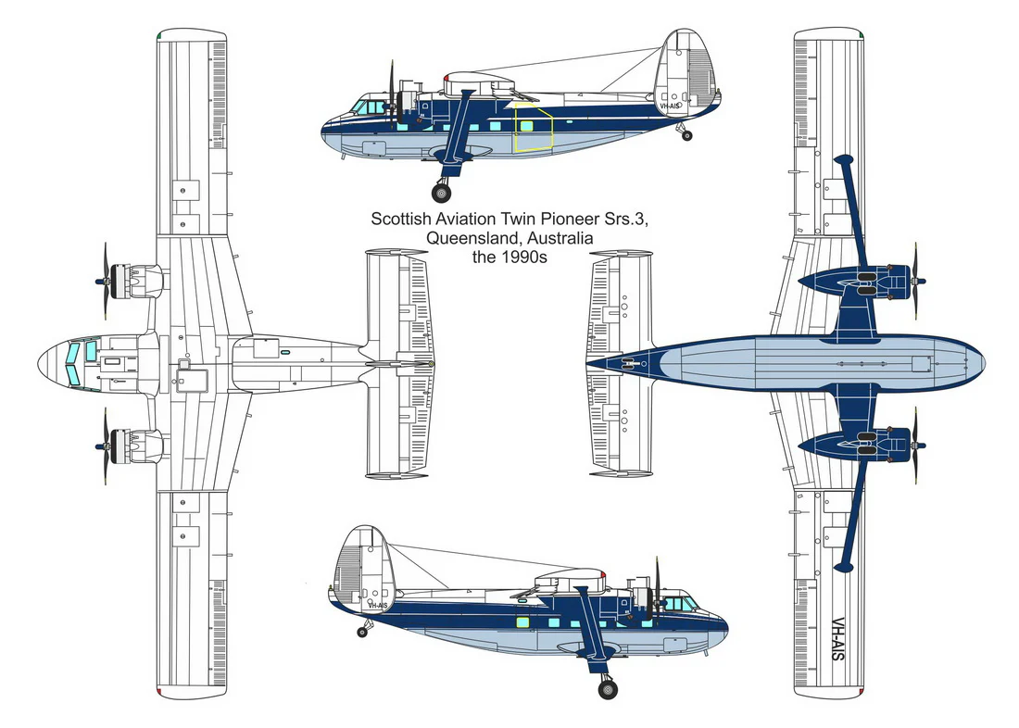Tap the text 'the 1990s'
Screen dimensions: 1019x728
coord(509,257)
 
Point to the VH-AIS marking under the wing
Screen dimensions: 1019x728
coord(837,639)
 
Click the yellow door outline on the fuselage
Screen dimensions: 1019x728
coord(533,128)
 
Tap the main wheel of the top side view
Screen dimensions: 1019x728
coord(441,193)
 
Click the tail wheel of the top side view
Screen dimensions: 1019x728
coord(687,136)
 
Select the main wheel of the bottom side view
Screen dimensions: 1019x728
coord(607,689)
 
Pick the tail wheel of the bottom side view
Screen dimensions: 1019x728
coord(362,632)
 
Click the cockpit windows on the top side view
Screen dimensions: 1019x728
coord(368,107)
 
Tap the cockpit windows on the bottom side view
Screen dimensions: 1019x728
coord(681,604)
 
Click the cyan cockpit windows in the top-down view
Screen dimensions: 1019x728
coord(81,362)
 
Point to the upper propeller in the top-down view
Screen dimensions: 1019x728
coord(105,281)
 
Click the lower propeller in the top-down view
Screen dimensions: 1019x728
coord(105,446)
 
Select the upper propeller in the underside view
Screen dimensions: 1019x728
coord(916,281)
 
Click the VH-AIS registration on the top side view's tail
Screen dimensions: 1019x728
coord(670,106)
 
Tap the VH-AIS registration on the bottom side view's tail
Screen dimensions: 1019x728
coord(378,605)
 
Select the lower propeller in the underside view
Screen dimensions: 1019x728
coord(916,446)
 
